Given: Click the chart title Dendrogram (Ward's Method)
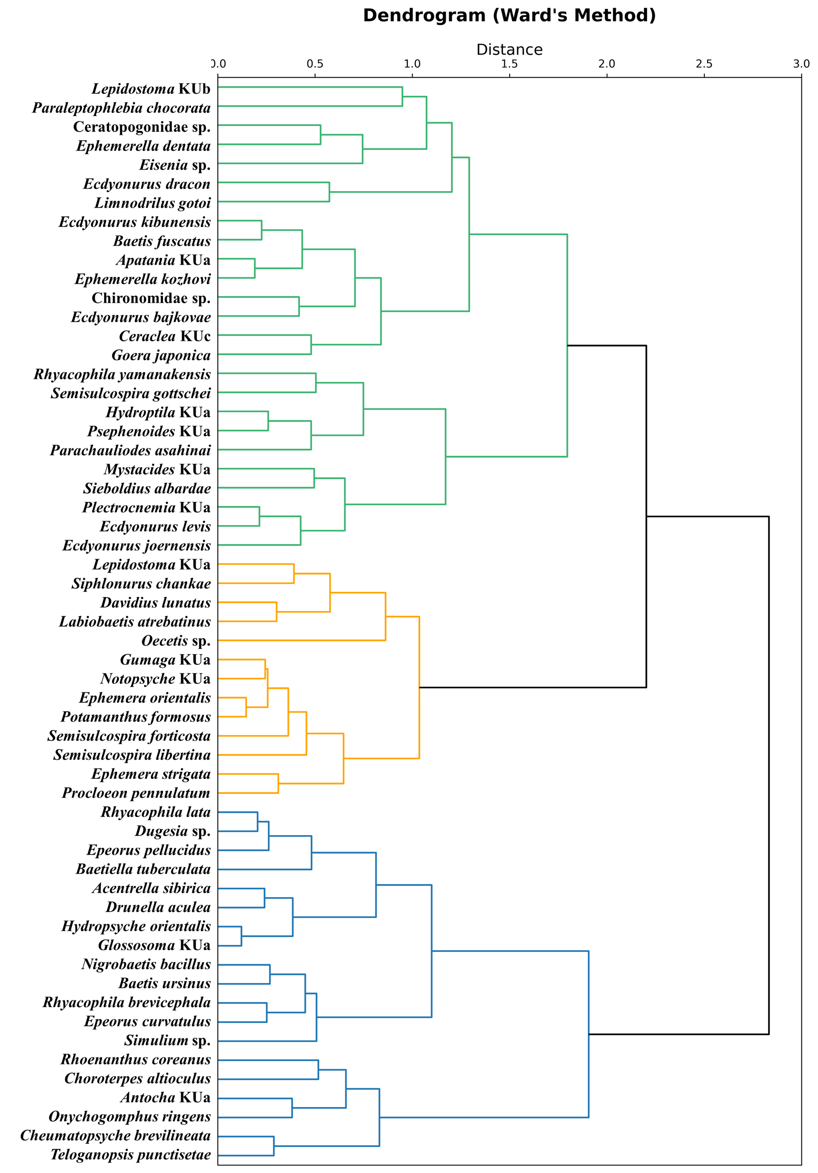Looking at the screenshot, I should click(x=509, y=15).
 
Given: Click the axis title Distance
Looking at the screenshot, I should click(x=509, y=50).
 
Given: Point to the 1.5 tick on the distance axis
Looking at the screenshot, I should click(x=509, y=64).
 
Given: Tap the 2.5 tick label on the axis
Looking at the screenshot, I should click(x=704, y=64).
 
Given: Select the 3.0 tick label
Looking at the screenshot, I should click(x=800, y=64).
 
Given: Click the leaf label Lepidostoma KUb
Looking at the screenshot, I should click(x=151, y=89).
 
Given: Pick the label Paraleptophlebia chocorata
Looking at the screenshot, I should click(x=122, y=108).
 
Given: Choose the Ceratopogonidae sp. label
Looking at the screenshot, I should click(x=142, y=127).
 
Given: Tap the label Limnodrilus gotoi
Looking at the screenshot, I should click(x=152, y=203).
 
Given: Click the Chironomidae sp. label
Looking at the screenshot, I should click(x=151, y=298).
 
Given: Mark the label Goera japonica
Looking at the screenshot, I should click(x=161, y=355).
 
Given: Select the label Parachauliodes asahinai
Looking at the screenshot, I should click(x=130, y=450).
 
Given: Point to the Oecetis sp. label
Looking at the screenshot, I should click(x=176, y=641).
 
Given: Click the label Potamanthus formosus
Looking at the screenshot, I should click(x=135, y=717).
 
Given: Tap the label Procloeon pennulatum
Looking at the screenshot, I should click(x=136, y=793).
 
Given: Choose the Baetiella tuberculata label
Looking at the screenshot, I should click(x=143, y=869).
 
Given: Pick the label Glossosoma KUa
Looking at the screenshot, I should click(x=154, y=945).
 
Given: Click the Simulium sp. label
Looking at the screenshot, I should click(x=167, y=1040).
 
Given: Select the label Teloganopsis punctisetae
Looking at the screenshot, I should click(x=130, y=1155).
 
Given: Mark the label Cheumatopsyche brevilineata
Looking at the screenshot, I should click(x=116, y=1135).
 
